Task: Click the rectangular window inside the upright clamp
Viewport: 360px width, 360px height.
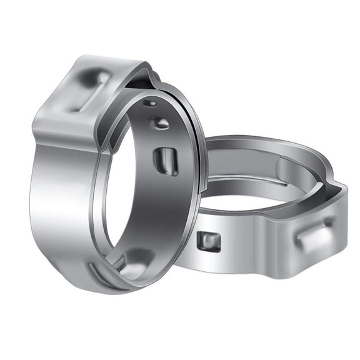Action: click(x=166, y=161)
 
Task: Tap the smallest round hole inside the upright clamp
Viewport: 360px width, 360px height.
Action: click(x=150, y=102)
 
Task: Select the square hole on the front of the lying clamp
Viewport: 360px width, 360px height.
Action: click(x=209, y=241)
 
